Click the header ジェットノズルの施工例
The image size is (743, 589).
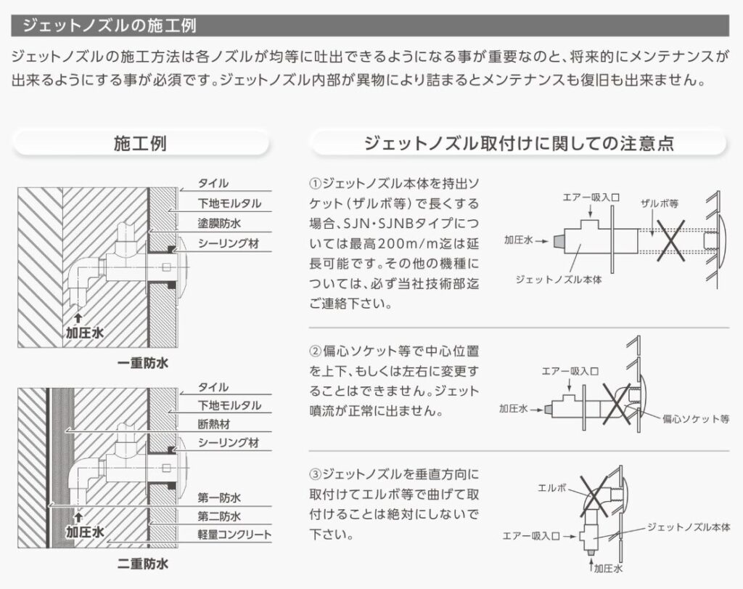(x=109, y=25)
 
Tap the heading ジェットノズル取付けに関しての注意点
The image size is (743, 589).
(x=519, y=143)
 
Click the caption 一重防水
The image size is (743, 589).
(x=142, y=363)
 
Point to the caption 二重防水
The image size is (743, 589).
(x=142, y=563)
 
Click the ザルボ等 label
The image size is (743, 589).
(x=657, y=204)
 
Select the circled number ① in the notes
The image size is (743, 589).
(x=315, y=182)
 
